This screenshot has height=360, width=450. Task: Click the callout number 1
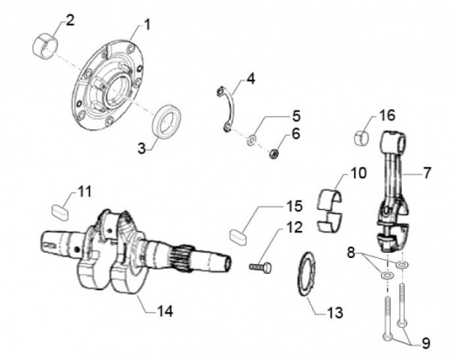tap(146, 25)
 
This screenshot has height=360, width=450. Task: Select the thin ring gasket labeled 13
tap(307, 275)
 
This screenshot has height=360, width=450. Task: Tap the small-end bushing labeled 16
tap(362, 138)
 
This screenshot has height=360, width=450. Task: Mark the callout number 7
tap(427, 173)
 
